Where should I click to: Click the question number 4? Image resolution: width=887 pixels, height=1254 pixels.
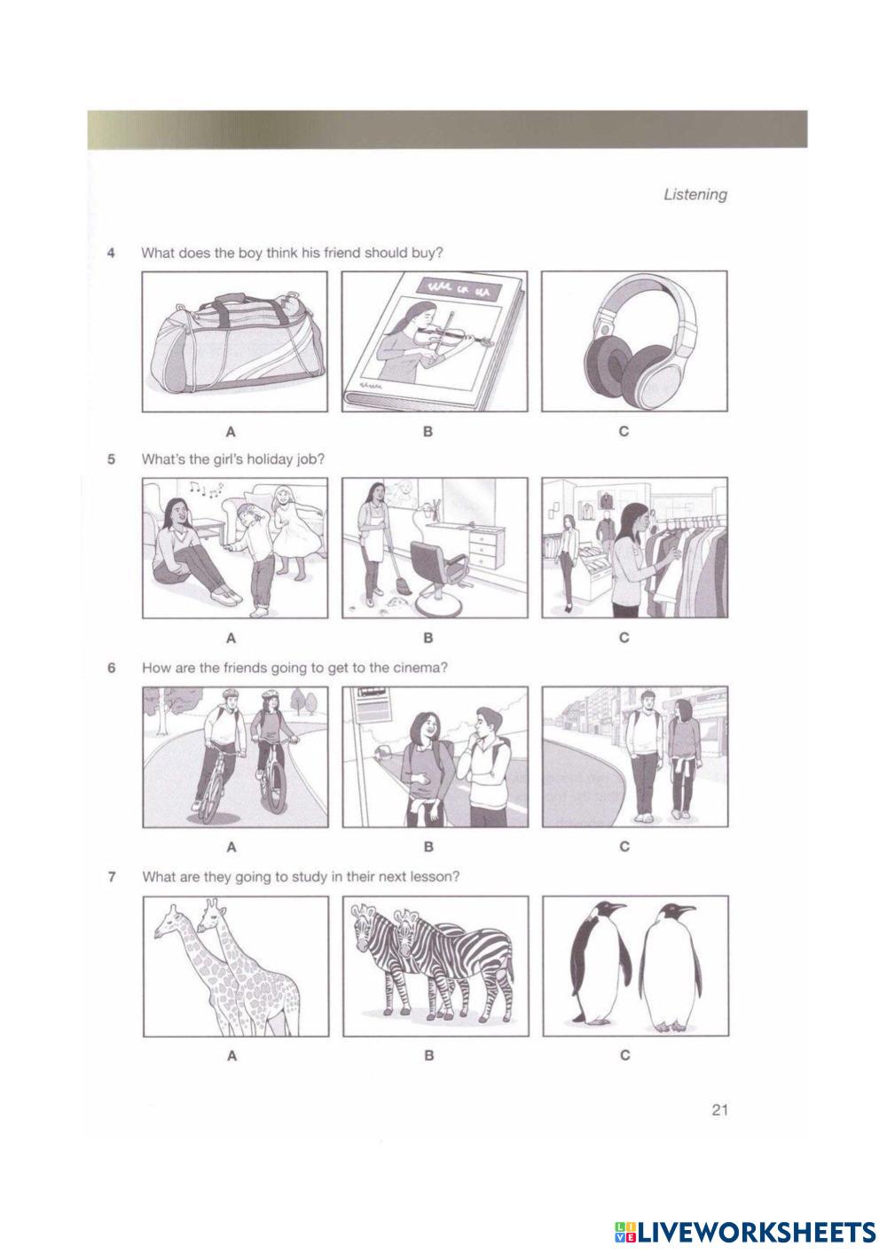coord(112,253)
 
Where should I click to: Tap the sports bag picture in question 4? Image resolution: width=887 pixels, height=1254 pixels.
coord(235,342)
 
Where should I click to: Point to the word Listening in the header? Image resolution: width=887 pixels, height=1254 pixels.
coord(695,195)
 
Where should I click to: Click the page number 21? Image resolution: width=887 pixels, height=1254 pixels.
coord(719,1109)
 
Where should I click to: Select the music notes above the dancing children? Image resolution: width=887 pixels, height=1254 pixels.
coord(206,489)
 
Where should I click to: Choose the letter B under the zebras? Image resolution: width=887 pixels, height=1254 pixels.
coord(429,1055)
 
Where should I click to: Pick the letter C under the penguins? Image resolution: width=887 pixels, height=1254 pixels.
coord(625,1054)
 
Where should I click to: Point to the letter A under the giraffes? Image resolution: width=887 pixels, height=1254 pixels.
coord(232,1055)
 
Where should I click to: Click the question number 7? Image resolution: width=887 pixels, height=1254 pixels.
coord(112,877)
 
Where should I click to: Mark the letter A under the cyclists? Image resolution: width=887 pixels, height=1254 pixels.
coord(232,847)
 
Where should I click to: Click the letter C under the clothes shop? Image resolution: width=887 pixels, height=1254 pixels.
coord(624,638)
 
